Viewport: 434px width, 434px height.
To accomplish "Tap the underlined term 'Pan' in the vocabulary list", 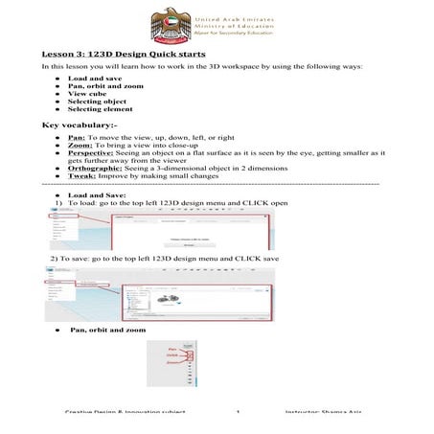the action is coord(77,137).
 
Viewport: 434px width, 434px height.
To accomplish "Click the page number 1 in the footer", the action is coord(236,410).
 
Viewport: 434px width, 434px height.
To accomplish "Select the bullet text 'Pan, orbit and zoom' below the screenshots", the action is coord(107,330).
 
